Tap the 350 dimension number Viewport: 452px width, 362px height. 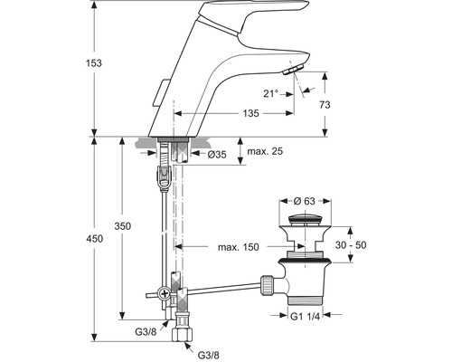[x=134, y=226]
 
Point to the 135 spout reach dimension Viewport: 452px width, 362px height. [x=226, y=114]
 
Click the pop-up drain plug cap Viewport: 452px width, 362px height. [x=309, y=220]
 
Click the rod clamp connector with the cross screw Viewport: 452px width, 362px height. [x=165, y=292]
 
